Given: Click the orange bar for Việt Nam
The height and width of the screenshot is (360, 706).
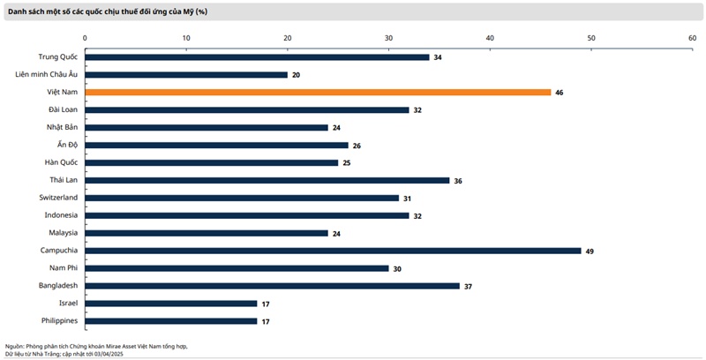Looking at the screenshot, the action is tap(318, 93).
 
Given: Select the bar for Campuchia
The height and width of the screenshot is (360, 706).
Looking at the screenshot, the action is tap(334, 251).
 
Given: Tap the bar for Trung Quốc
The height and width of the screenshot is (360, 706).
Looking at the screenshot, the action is tap(257, 57).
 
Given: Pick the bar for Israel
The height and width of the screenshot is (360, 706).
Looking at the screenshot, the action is tap(171, 304).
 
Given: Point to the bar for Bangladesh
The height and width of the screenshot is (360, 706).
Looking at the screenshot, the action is tap(273, 286).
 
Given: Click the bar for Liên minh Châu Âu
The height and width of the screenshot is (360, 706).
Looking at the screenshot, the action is tap(186, 75).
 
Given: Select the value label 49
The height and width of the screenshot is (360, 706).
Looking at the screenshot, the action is tap(590, 251).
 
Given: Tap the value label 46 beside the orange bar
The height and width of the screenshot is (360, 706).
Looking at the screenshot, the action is tap(560, 93).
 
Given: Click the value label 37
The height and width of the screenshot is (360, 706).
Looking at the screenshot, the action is tap(469, 287).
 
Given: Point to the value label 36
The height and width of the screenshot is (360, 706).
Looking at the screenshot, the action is tap(458, 181).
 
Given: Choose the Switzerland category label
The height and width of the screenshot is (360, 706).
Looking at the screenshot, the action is tap(58, 198).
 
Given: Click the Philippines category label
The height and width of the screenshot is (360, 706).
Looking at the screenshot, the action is tap(59, 321).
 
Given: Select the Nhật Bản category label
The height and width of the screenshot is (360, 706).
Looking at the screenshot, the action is tap(62, 127).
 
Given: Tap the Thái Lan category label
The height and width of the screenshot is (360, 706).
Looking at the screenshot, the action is tap(64, 180).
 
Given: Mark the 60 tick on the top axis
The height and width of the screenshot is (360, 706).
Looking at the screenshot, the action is tap(693, 38).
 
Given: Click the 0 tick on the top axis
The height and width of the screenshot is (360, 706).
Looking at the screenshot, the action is tap(85, 38).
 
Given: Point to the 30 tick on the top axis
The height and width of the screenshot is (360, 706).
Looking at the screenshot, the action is tap(388, 38).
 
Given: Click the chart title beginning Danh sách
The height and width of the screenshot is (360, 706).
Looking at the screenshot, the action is tap(108, 11).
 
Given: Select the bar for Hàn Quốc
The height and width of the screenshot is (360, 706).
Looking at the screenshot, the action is tap(212, 163).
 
